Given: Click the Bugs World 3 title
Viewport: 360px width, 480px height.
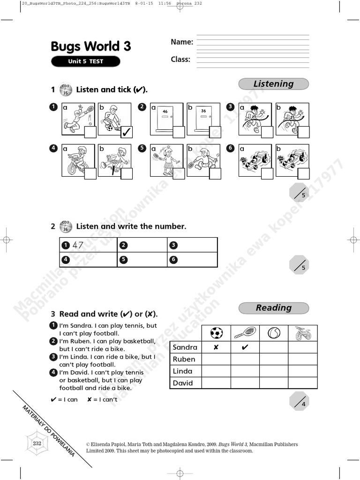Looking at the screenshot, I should coord(91,46).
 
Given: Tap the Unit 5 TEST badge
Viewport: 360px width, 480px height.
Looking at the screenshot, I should coord(85,61).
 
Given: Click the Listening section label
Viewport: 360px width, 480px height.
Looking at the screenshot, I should coord(273,84).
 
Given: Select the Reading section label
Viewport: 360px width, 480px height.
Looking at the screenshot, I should coord(273,308).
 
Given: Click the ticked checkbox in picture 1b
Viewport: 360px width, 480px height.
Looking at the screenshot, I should coord(127,132).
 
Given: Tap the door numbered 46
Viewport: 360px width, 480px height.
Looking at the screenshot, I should coord(165,117).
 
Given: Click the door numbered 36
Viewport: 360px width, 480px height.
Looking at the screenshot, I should coord(203,117).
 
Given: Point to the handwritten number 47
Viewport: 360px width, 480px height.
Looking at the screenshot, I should coord(78,245).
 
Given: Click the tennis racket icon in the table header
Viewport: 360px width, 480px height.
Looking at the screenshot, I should coord(245,333).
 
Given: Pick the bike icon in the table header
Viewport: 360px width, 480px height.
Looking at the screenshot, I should coord(303,333).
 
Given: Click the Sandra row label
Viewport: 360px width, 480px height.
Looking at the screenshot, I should coord(185,347).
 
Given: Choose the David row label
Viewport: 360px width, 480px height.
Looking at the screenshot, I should coord(183,383).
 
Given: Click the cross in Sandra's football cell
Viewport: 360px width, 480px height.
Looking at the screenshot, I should coord(216,347).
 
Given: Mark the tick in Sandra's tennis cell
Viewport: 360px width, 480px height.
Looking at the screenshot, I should coord(245,347).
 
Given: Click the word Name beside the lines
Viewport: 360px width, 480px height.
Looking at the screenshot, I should coord(182,42).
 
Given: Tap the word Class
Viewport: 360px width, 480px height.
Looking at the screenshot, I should coord(180,60).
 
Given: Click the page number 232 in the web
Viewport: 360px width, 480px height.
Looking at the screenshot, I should coord(37,443).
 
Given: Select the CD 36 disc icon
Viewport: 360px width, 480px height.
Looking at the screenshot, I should coord(66,226).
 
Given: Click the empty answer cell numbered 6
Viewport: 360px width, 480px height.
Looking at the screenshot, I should coord(192,259).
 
